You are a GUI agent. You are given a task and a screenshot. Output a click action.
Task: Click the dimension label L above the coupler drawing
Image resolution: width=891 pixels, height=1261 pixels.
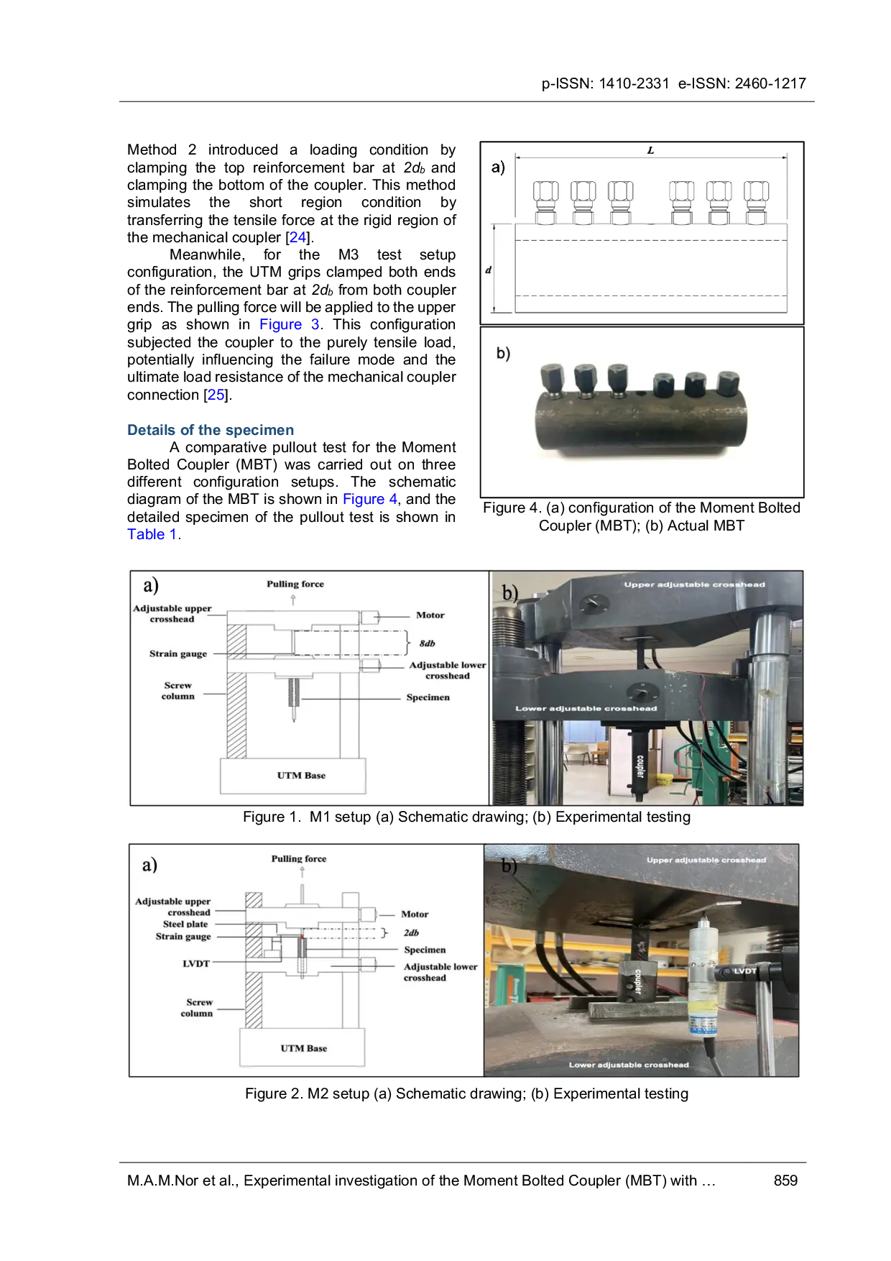click(650, 150)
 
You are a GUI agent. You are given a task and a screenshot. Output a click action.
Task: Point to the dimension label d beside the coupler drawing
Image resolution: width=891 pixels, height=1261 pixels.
click(489, 270)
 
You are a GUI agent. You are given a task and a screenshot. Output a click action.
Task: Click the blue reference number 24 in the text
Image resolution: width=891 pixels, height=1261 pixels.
click(297, 238)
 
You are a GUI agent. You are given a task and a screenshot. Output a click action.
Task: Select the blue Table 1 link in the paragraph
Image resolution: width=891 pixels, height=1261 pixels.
click(152, 534)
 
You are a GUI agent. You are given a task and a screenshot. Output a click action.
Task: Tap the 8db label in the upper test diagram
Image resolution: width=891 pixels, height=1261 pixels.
click(427, 643)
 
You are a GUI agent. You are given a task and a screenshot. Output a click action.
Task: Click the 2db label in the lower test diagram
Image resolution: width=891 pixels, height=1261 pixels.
click(411, 932)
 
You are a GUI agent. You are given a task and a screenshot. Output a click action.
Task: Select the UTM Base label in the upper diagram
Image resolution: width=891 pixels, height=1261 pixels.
click(301, 775)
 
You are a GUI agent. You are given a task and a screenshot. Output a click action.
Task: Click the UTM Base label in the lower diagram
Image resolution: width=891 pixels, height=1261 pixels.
click(303, 1048)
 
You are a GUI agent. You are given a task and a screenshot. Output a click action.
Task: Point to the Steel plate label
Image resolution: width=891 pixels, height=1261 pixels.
click(185, 924)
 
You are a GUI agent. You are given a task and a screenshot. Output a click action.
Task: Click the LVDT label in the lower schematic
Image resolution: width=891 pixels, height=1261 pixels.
click(195, 963)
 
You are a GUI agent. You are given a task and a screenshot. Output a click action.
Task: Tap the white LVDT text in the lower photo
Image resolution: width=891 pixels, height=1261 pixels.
click(744, 971)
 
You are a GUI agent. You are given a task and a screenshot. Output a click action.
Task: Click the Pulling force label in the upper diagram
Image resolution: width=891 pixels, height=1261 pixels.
click(295, 584)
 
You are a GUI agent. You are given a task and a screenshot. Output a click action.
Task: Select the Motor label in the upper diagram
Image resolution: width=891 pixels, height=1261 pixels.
click(430, 615)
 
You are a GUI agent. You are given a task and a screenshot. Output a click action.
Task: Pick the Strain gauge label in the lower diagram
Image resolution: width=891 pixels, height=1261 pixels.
click(183, 936)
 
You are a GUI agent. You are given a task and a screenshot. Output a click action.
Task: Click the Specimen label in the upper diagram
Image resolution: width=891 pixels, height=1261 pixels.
click(428, 697)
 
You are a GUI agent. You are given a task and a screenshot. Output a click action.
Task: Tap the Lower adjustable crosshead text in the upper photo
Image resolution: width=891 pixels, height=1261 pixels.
click(586, 708)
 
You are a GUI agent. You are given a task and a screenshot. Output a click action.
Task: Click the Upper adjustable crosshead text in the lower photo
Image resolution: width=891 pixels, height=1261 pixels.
click(706, 860)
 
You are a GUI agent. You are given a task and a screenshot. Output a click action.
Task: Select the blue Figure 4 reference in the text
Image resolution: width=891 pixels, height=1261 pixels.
click(369, 500)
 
